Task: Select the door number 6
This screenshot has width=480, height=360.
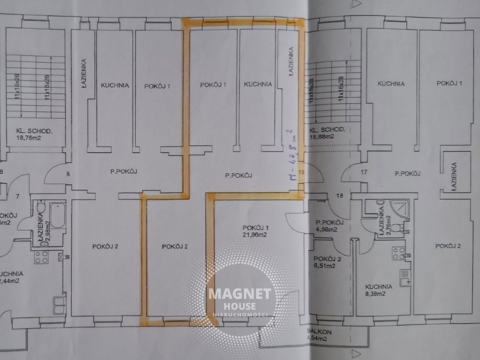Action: click(x=68, y=174)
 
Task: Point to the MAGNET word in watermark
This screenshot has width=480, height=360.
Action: click(x=240, y=294)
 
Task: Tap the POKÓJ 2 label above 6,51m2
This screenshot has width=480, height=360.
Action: click(x=327, y=259)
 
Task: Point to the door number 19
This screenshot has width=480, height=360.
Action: click(x=301, y=172)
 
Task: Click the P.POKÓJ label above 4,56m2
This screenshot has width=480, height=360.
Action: click(x=330, y=223)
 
